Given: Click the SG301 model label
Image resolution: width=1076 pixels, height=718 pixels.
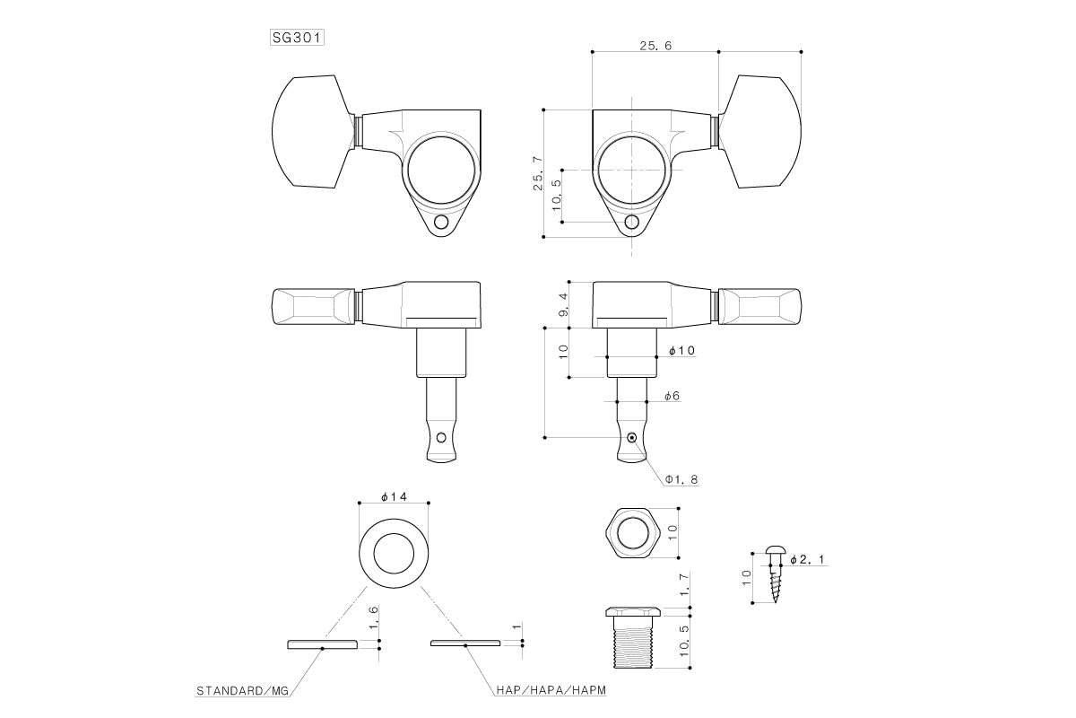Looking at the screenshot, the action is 297,38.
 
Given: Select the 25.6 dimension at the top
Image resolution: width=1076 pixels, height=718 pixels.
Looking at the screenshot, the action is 655,46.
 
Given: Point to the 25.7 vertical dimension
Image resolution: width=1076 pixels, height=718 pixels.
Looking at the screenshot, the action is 538,173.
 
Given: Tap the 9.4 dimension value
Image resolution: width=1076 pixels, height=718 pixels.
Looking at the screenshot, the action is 563,304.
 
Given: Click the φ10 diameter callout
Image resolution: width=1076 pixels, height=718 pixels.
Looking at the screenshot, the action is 682,351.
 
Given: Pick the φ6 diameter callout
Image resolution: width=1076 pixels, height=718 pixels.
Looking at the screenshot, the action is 672,396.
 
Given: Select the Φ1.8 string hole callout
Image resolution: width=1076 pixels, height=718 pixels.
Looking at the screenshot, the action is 681,479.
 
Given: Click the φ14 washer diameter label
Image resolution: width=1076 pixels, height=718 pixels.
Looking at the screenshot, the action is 394,497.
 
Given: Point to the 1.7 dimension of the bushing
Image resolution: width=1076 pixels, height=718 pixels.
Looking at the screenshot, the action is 684,584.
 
